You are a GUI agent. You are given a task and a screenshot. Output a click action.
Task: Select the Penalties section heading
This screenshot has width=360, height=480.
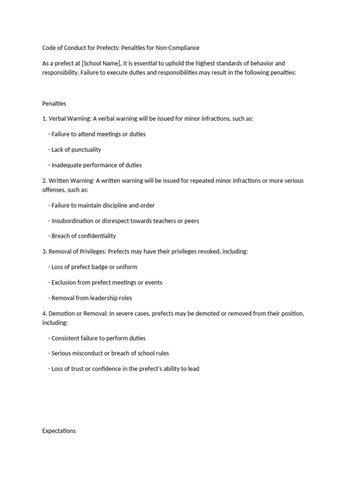tap(54, 104)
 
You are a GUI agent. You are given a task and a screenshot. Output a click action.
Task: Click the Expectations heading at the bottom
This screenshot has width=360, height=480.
tap(59, 431)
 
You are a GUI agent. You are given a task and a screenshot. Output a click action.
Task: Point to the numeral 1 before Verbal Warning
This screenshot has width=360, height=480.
tap(44, 119)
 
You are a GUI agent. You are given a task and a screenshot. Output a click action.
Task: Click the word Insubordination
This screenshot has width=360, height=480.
tap(74, 221)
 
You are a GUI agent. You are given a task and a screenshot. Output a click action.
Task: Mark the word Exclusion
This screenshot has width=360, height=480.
tap(66, 283)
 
